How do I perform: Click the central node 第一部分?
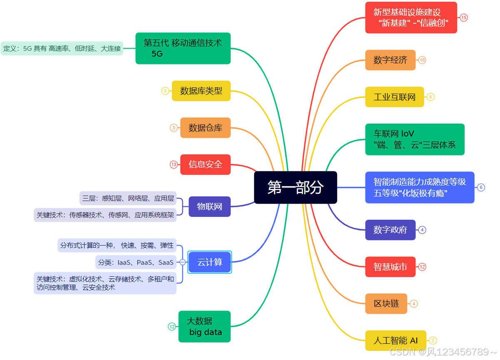295,187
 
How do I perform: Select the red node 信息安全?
205,164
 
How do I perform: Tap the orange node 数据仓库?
205,128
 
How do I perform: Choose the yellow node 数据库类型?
201,91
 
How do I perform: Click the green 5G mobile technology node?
183,48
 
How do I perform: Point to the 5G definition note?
62,48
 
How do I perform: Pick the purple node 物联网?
209,206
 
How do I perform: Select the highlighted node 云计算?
209,262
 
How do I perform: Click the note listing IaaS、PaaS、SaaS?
136,262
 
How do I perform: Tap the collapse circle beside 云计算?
182,262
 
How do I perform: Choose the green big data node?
204,327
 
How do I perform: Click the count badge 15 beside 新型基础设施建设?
464,17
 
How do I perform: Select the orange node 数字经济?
390,60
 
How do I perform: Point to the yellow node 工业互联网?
394,97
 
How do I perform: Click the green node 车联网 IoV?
415,139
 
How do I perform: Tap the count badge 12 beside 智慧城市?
422,267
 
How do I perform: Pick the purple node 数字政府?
390,230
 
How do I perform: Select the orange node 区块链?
386,303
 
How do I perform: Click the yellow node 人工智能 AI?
395,340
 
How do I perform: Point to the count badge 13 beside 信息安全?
174,164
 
